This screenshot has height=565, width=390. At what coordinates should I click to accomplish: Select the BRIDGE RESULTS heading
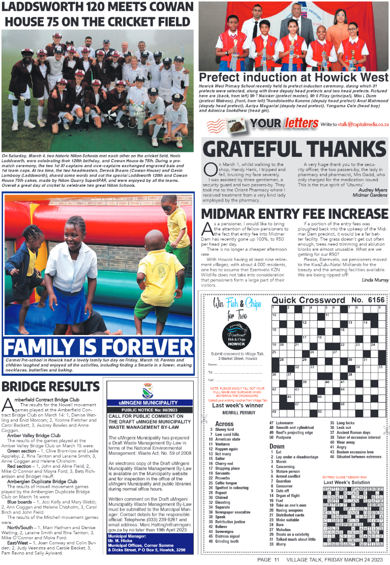50,387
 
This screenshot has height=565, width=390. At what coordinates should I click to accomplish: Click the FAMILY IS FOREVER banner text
98,346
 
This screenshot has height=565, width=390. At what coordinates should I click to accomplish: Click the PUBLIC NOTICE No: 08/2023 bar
147,410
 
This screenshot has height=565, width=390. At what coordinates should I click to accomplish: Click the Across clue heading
224,423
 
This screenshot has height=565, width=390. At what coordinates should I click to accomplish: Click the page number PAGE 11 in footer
271,559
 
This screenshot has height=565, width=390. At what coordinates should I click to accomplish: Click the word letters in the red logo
301,123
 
